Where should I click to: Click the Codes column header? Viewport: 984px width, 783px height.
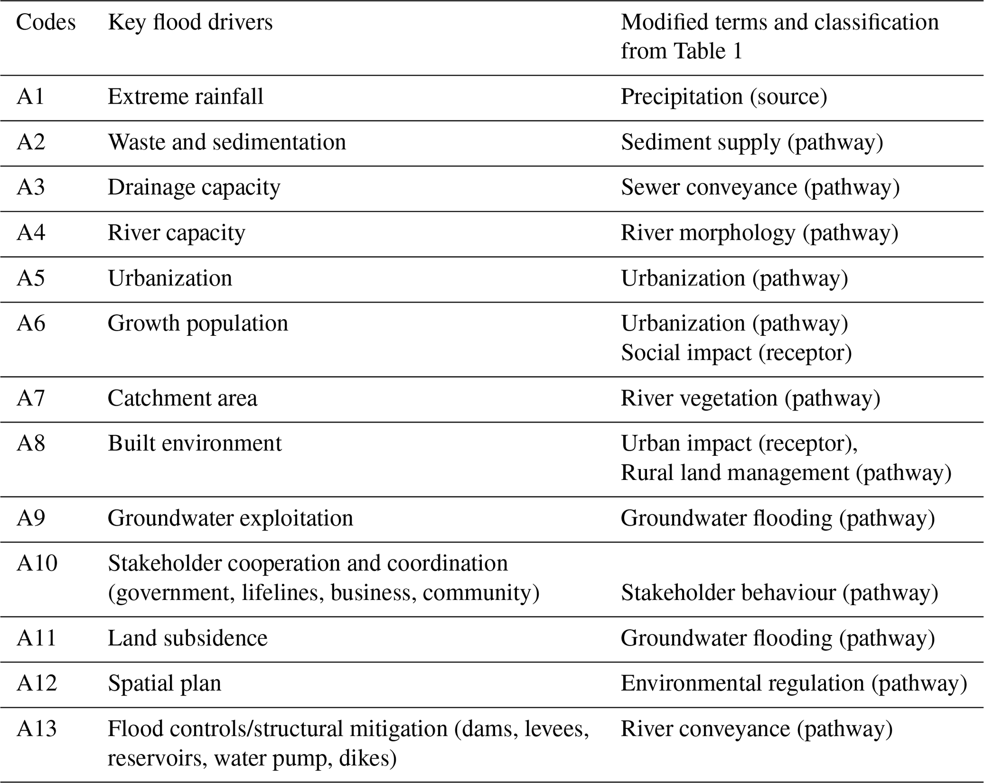[46, 22]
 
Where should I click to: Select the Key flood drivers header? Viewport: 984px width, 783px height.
[190, 22]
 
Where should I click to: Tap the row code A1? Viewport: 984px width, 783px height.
[30, 97]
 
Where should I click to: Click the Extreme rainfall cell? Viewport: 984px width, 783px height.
[185, 97]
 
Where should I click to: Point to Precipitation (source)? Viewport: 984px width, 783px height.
[724, 97]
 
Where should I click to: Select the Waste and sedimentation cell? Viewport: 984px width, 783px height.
[227, 142]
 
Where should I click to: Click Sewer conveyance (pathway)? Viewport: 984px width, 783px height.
[760, 187]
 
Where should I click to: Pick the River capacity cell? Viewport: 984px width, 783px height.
[176, 233]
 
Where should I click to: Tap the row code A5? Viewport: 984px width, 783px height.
[30, 278]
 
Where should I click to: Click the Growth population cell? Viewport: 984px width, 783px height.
[198, 323]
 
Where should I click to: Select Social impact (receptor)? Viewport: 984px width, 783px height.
[736, 353]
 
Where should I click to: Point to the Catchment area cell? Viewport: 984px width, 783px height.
[182, 398]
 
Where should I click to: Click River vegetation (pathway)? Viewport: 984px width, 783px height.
[750, 398]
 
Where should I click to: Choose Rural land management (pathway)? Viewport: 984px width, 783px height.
[785, 473]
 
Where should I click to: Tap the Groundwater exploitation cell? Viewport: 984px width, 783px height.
[230, 518]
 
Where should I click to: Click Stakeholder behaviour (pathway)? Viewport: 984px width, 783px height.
[779, 593]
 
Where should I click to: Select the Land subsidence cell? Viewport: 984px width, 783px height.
[188, 638]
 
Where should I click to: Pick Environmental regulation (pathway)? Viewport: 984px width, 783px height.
[794, 684]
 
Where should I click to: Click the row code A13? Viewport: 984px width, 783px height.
[36, 729]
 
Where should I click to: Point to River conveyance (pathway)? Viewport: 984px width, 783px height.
[756, 729]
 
